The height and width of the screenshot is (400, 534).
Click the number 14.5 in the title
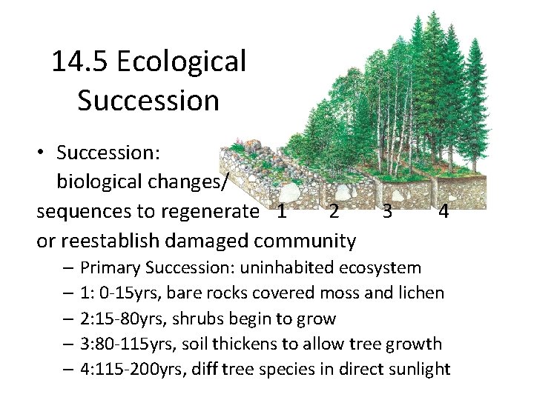[x=80, y=62]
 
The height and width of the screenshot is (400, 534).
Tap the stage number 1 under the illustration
[x=280, y=212]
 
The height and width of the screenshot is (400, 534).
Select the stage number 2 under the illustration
[x=334, y=212]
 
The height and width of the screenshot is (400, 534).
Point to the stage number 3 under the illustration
[x=386, y=212]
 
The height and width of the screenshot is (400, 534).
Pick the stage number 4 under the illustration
[x=443, y=212]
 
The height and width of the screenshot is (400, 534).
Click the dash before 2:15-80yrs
[x=67, y=319]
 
